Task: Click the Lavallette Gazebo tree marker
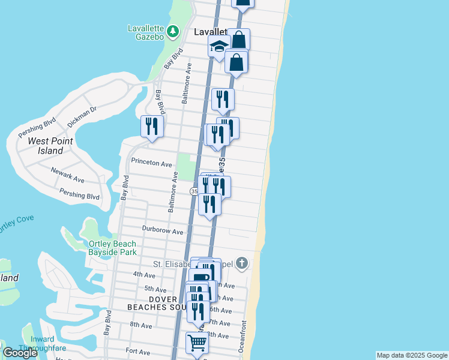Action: [173, 31]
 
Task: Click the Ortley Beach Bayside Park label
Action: [112, 248]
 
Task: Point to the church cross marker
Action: [241, 263]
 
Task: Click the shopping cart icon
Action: [197, 343]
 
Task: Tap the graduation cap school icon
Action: [220, 46]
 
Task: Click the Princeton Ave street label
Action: [152, 163]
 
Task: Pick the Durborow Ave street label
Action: [163, 230]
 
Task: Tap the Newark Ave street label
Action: [67, 175]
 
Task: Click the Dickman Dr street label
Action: [82, 116]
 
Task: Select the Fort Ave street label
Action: [137, 351]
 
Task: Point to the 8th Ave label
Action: [140, 325]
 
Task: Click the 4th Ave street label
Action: [144, 275]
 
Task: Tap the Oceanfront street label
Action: [244, 336]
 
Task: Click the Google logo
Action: [20, 353]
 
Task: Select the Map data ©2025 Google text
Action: [412, 355]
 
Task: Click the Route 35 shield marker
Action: [194, 191]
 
